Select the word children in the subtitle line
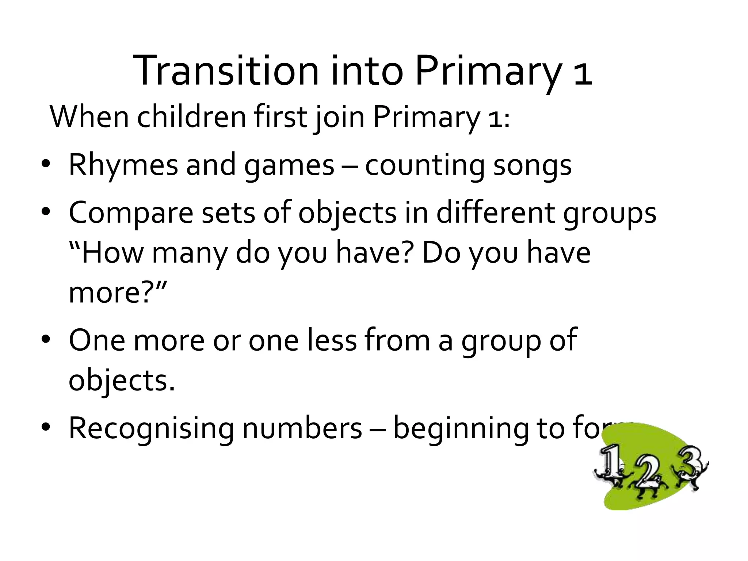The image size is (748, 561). pyautogui.click(x=191, y=117)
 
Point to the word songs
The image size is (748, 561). pyautogui.click(x=532, y=165)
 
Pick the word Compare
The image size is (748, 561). pyautogui.click(x=131, y=213)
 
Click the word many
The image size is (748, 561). pyautogui.click(x=190, y=253)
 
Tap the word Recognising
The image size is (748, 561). pyautogui.click(x=151, y=428)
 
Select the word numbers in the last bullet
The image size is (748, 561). pyautogui.click(x=302, y=428)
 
